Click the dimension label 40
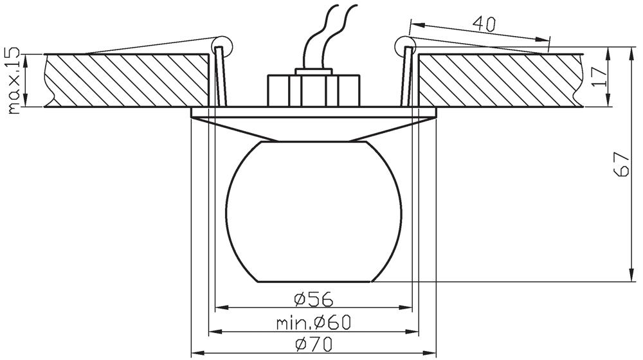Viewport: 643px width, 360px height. tap(484, 24)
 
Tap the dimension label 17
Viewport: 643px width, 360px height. tap(599, 76)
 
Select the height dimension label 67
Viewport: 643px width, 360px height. tap(622, 165)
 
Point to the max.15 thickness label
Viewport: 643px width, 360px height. tap(14, 80)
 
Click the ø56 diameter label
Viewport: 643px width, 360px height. tap(314, 300)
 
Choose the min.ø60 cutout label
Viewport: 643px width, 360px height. tap(314, 323)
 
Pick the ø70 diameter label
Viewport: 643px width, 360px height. tap(314, 345)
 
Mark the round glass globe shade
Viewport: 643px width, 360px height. tap(314, 212)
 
